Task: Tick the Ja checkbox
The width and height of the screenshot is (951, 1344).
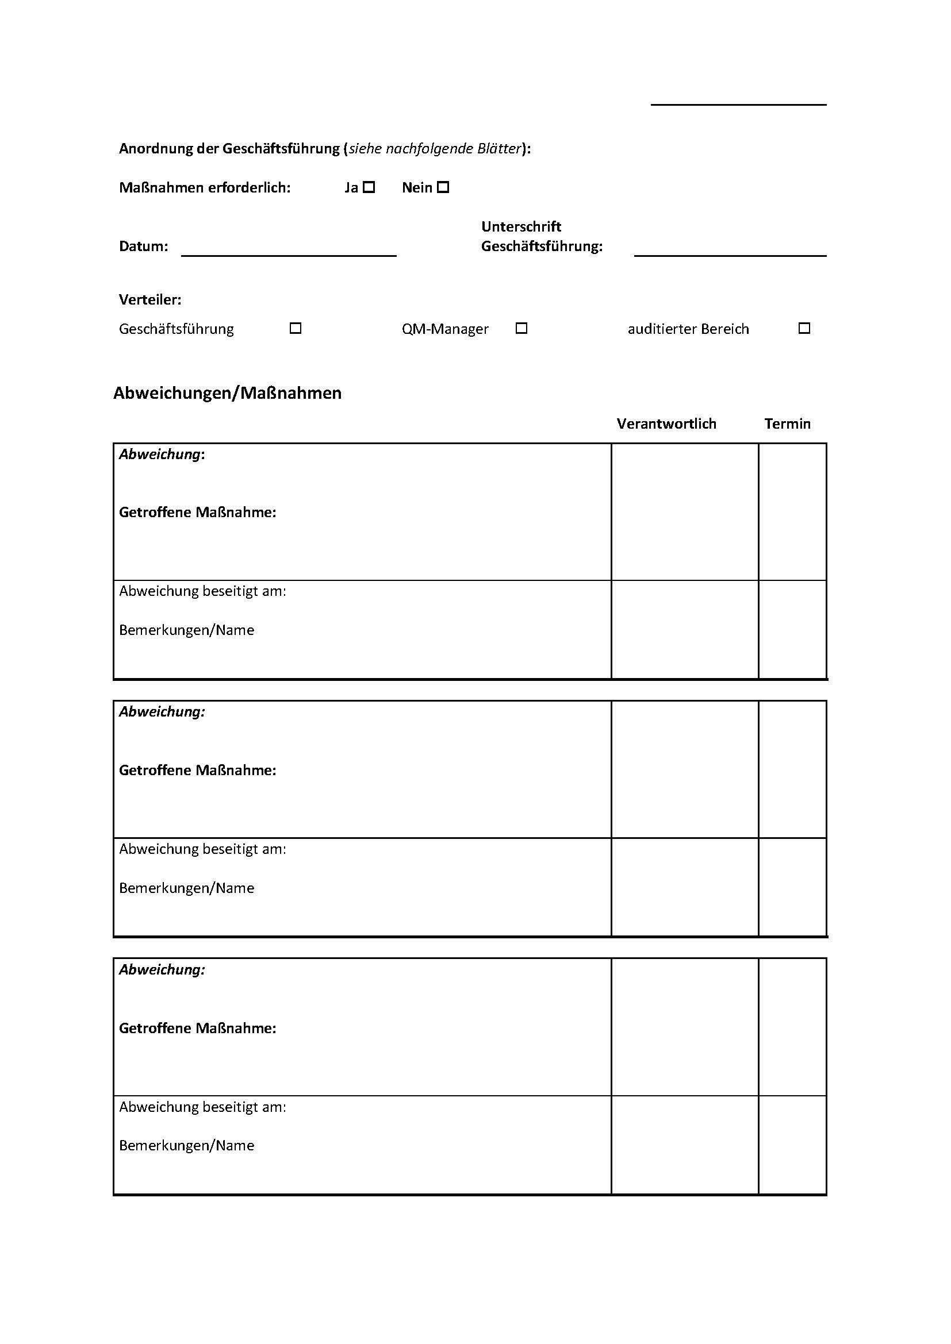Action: coord(369,187)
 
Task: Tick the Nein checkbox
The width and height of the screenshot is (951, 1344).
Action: coord(443,187)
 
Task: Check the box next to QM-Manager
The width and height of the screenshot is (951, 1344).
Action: coord(521,329)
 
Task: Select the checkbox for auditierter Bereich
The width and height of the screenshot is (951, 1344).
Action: coord(804,329)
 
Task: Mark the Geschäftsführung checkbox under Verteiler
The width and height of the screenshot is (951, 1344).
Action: coord(296,329)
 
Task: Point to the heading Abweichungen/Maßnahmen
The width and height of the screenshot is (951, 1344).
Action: coord(227,393)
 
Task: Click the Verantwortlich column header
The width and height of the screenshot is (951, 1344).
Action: coord(666,424)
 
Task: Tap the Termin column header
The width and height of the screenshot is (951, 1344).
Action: coord(787,424)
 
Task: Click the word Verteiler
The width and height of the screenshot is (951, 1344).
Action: coord(150,300)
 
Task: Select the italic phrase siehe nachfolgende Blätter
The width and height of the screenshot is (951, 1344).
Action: coord(435,149)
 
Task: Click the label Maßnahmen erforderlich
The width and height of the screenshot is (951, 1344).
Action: coord(204,188)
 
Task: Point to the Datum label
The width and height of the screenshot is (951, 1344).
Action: coord(144,247)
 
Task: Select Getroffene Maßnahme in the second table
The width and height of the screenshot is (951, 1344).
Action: coord(197,771)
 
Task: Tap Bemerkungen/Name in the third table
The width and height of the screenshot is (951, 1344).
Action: coord(186,1146)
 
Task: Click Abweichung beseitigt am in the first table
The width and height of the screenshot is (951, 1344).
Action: coord(202,591)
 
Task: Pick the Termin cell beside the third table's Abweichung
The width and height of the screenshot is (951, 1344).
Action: coord(792,1027)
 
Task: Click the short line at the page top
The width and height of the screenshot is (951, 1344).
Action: coord(738,105)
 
